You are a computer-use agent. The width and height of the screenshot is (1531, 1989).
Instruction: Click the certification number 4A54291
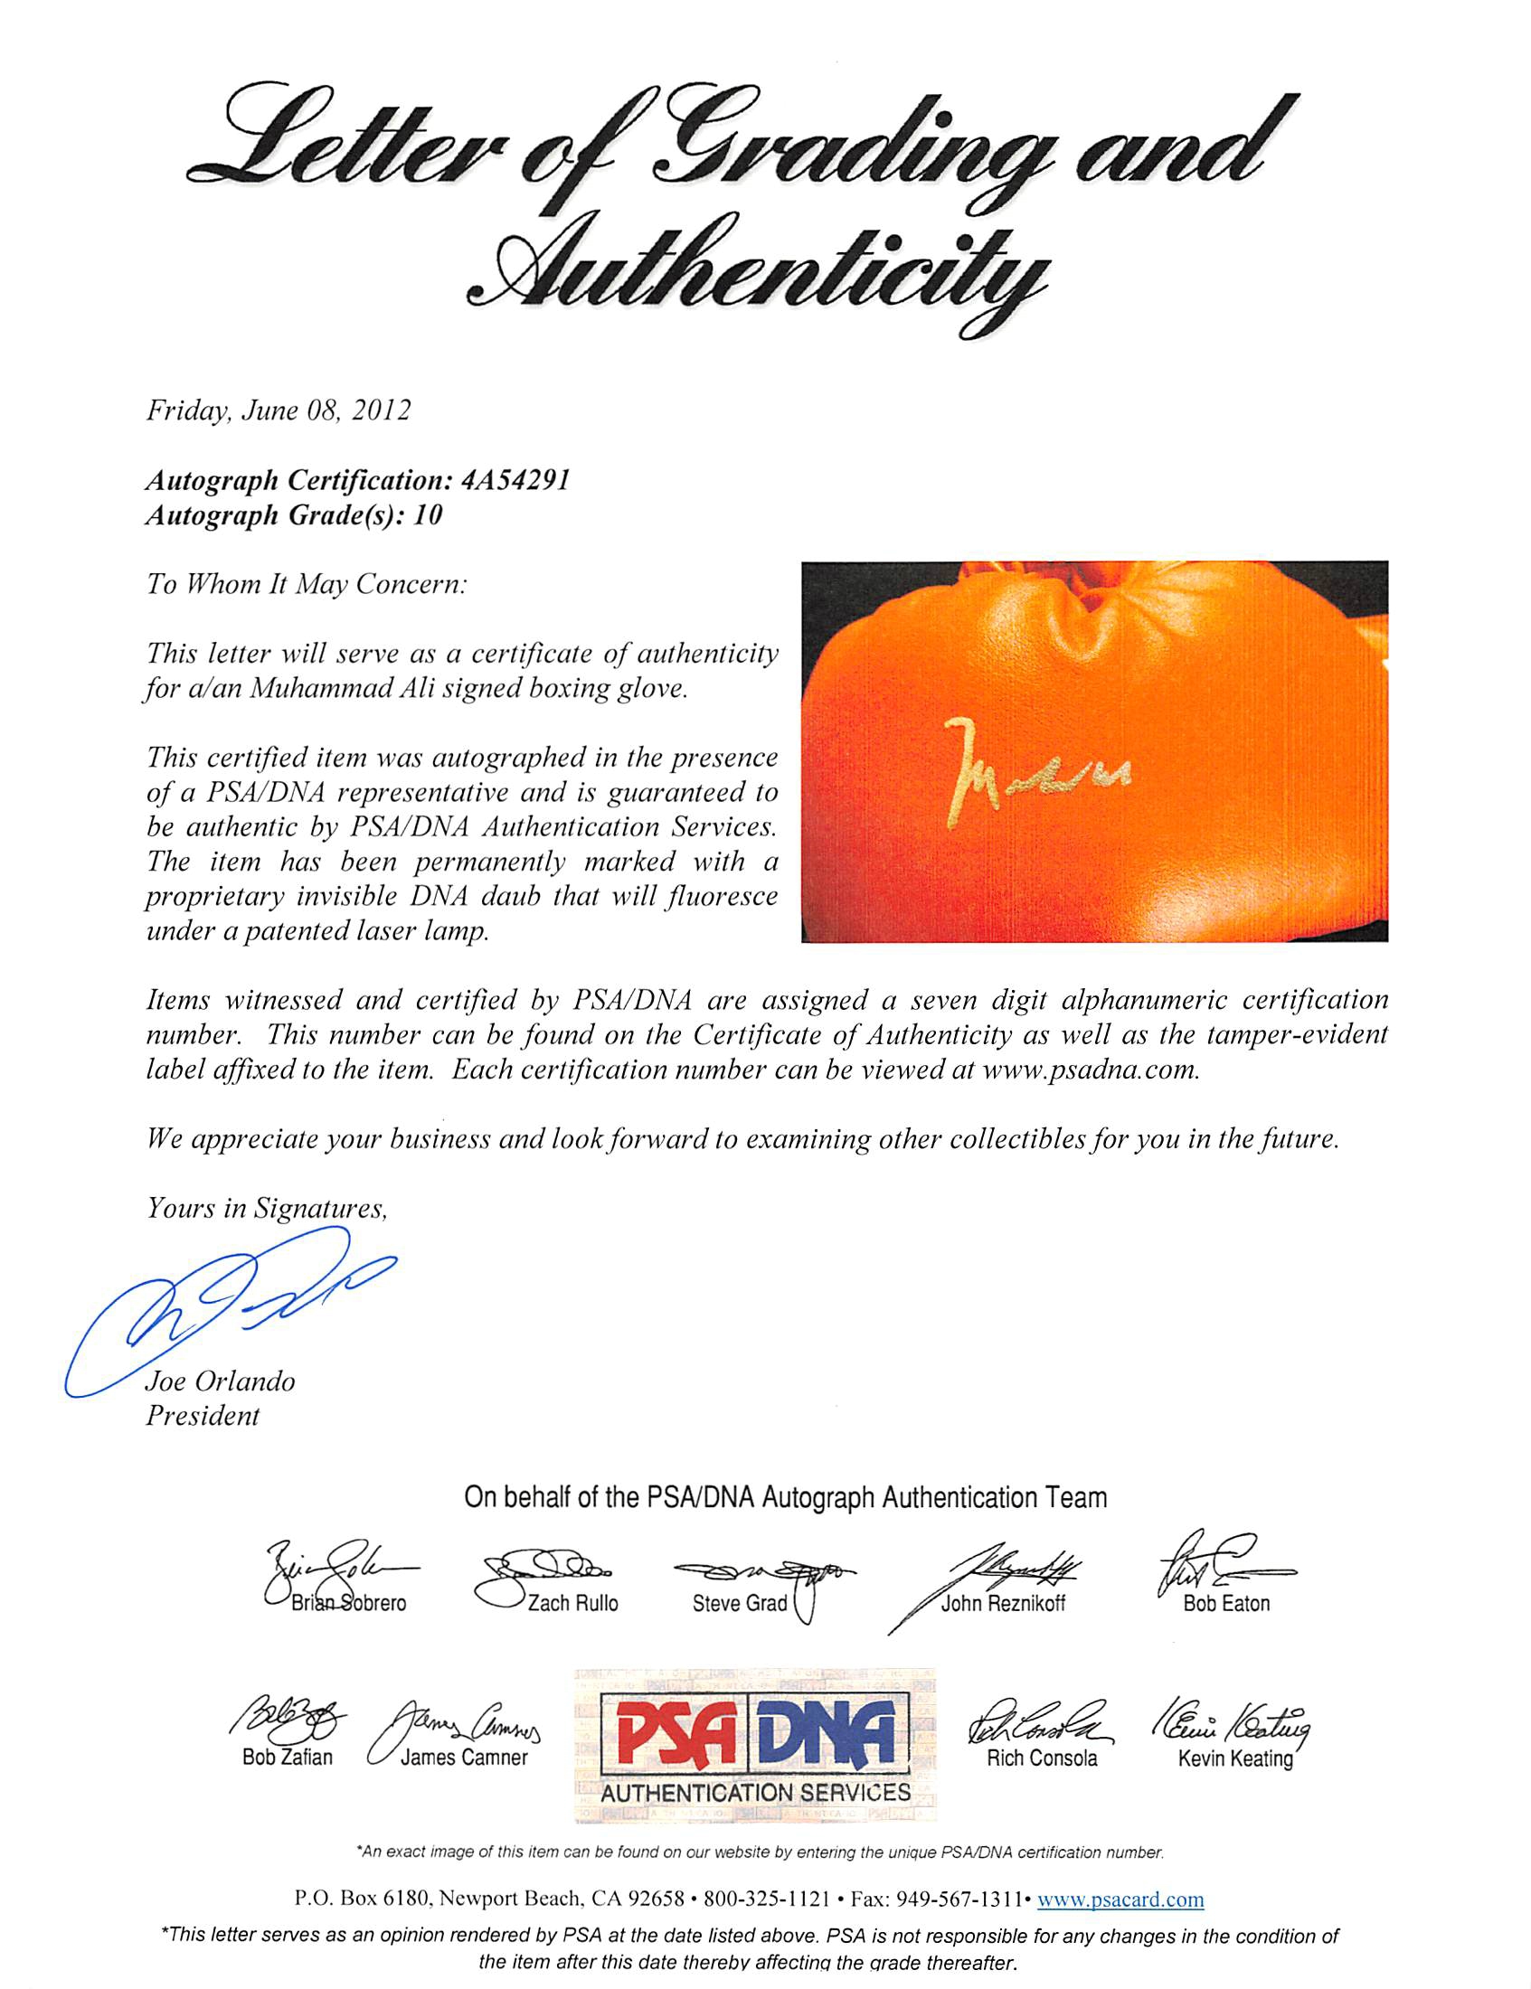click(515, 480)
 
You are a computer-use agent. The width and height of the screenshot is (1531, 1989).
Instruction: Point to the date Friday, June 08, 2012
click(278, 410)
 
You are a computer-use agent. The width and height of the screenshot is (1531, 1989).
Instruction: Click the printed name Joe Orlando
click(221, 1381)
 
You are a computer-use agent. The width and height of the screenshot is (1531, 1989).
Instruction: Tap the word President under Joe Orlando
click(203, 1416)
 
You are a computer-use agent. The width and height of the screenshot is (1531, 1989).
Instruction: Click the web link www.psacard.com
click(1120, 1899)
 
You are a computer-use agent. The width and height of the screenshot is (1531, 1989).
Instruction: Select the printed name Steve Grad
click(739, 1604)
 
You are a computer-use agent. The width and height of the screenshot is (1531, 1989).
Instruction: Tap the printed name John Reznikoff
click(1002, 1604)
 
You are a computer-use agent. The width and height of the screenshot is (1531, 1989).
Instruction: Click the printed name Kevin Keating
click(1235, 1758)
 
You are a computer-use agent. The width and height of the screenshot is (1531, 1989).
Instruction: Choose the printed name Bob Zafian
click(287, 1758)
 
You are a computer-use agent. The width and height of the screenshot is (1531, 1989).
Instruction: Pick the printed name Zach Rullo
click(572, 1604)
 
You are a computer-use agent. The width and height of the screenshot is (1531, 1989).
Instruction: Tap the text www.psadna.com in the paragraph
click(1090, 1070)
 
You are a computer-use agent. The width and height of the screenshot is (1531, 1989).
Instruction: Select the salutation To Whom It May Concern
click(306, 584)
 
